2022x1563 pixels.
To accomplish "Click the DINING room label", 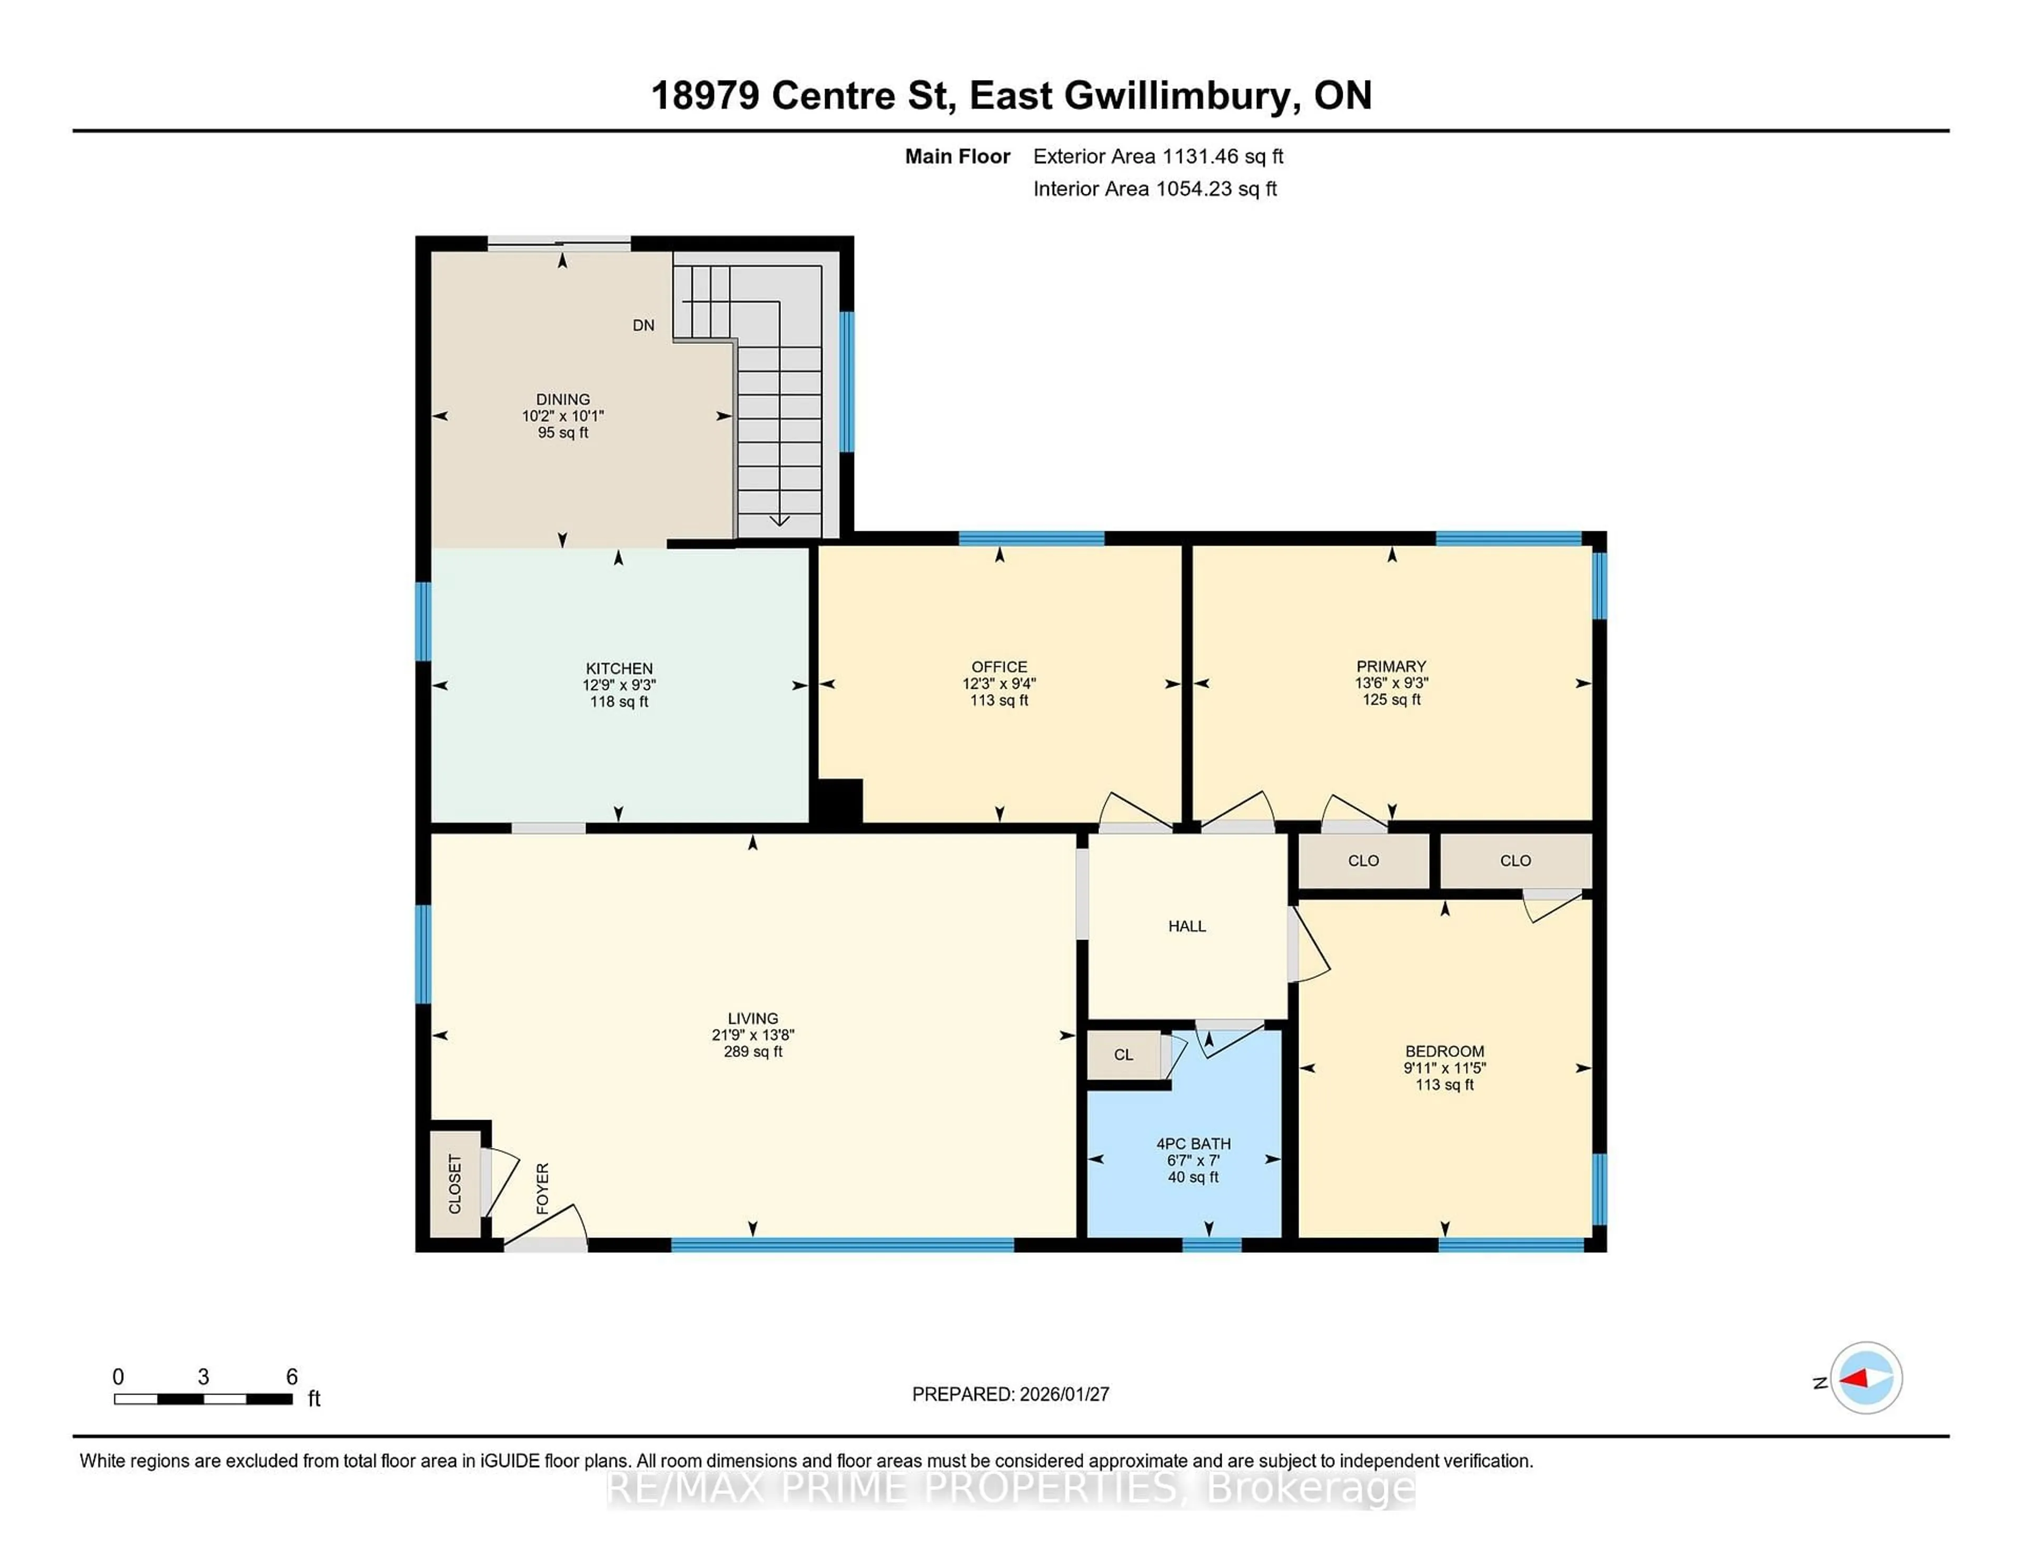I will click(x=562, y=399).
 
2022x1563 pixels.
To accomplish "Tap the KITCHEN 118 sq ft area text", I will click(x=619, y=702).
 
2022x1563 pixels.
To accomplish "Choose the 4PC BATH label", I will click(x=1193, y=1143).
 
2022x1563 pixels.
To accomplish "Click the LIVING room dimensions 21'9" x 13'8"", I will click(x=752, y=1035).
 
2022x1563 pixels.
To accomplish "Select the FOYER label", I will click(x=542, y=1188).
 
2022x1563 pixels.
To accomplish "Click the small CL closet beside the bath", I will click(x=1123, y=1055).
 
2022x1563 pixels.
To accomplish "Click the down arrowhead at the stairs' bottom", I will click(x=779, y=520).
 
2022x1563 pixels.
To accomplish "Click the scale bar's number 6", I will click(x=292, y=1377).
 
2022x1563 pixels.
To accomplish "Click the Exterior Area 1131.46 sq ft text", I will click(x=1157, y=156).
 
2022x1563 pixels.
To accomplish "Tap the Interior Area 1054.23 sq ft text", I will click(x=1155, y=189).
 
